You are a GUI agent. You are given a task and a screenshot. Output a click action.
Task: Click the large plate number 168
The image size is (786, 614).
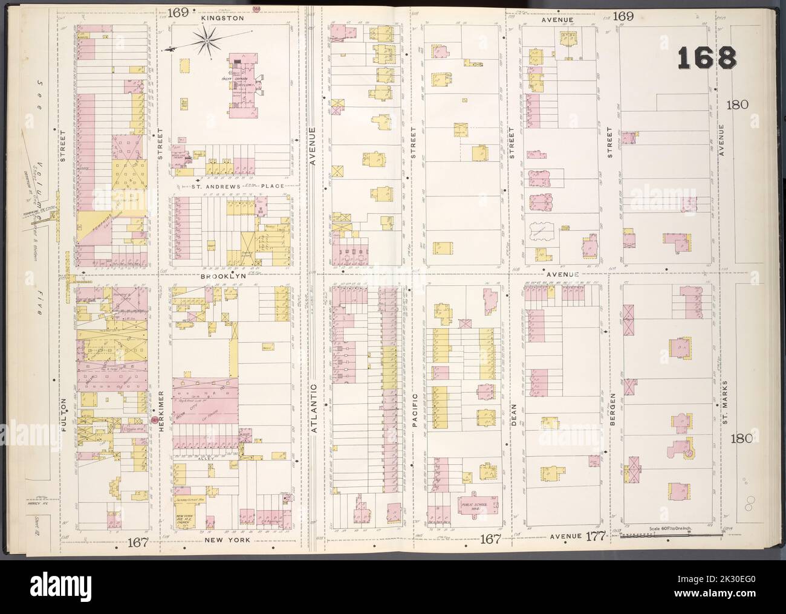pos(706,59)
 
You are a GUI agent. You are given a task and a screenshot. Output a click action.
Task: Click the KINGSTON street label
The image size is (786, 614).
pos(210,19)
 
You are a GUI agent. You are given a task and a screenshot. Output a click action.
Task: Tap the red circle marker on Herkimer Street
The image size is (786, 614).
pos(154,419)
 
